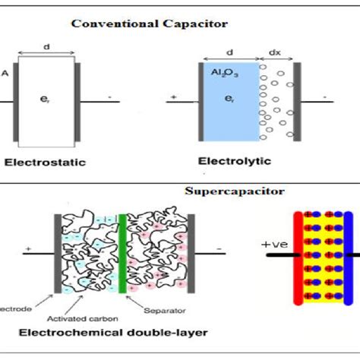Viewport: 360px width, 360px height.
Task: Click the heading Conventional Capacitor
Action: (x=150, y=24)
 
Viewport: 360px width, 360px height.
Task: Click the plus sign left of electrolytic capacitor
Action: (x=173, y=98)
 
